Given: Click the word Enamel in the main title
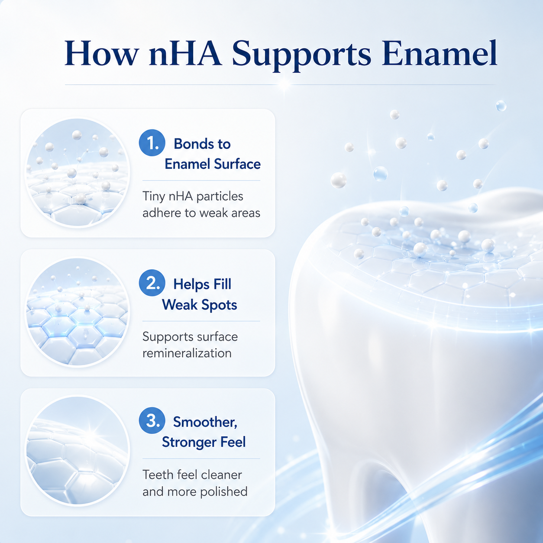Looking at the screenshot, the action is click(x=440, y=53).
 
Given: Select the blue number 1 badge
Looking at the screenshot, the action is click(x=152, y=142).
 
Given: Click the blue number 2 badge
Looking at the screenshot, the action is click(x=152, y=283).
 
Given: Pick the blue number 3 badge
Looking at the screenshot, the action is click(x=152, y=421).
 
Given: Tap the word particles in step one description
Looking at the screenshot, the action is click(x=220, y=197).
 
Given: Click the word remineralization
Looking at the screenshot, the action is click(x=187, y=353).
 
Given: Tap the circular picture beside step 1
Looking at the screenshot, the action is click(x=77, y=173).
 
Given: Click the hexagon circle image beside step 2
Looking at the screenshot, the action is click(x=77, y=312).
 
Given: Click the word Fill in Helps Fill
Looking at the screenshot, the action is click(x=223, y=284).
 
